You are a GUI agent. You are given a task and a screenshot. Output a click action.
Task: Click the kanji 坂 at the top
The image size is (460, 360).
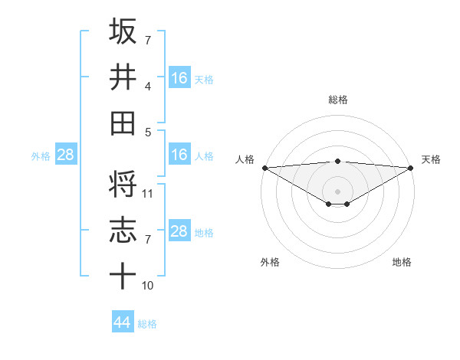coord(123,31)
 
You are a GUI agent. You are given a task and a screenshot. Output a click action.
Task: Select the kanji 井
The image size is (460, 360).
coord(123,77)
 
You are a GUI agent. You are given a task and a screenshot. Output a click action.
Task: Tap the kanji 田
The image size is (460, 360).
coord(123,123)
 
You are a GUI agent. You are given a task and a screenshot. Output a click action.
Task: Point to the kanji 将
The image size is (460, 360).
coord(123,184)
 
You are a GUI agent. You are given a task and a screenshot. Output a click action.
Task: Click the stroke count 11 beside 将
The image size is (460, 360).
coord(149,193)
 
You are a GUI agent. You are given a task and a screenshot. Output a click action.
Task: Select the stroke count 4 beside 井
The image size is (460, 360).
coord(147,86)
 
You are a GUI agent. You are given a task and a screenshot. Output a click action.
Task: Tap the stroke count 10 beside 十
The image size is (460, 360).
coord(149,285)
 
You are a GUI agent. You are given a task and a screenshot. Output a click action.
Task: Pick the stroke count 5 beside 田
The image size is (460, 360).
coord(147,132)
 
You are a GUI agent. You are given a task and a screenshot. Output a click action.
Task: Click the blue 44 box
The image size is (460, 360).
coord(123,322)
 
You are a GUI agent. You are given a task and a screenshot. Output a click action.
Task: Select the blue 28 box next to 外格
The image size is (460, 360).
coord(66,155)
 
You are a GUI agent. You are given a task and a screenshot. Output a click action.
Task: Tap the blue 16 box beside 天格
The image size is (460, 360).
coord(179,77)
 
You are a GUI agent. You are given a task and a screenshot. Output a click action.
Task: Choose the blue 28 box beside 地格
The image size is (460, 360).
coord(179,231)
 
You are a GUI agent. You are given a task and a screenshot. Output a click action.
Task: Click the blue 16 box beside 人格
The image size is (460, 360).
coord(179,155)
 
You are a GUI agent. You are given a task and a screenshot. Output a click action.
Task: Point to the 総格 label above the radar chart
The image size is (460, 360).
coord(338,100)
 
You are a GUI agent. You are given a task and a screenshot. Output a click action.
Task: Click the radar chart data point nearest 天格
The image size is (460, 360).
coord(411,168)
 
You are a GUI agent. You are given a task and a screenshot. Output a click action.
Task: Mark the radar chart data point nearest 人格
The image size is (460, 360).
coord(264,168)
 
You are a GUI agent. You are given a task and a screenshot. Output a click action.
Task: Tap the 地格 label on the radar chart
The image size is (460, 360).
coord(402,262)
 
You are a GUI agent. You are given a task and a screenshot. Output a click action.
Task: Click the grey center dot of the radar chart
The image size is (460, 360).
coord(338,190)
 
